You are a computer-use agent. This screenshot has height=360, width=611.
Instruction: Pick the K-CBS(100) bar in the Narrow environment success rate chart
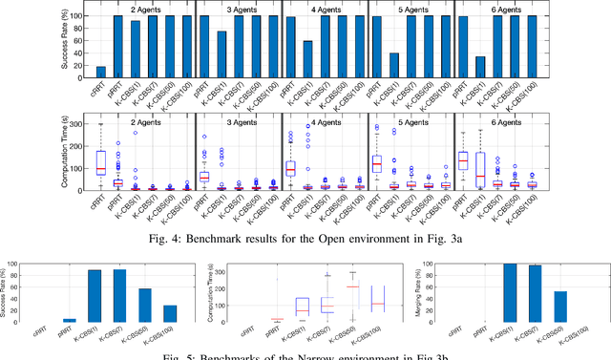pyautogui.click(x=168, y=313)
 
